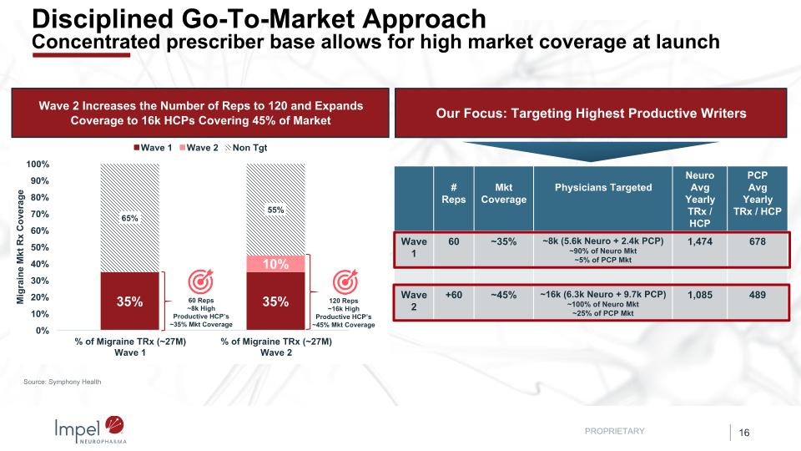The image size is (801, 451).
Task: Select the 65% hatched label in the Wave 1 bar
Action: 130,218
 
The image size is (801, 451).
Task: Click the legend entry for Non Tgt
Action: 250,148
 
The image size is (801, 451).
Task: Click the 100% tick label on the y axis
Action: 38,165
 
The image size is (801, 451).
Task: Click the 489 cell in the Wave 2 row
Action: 758,295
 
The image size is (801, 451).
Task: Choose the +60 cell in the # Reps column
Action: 452,295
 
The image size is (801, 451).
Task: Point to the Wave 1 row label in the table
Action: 414,248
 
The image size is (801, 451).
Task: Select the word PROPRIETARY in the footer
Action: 615,431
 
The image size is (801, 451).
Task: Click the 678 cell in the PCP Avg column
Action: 758,241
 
